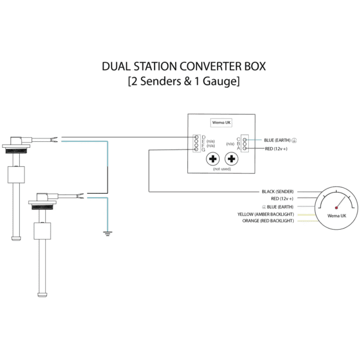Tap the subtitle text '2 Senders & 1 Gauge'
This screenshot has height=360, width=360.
(x=184, y=81)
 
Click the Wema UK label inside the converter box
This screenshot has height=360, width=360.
(x=222, y=123)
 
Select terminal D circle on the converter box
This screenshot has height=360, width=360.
(x=197, y=137)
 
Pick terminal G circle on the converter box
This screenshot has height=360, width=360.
(x=196, y=149)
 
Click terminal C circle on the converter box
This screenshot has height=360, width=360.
(x=245, y=140)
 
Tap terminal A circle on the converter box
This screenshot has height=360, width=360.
(x=245, y=148)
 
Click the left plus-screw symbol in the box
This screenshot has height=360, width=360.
(x=213, y=159)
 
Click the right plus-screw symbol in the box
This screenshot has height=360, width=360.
(x=231, y=159)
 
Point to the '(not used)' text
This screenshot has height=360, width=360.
(x=222, y=169)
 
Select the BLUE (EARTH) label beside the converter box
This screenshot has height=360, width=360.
(x=277, y=140)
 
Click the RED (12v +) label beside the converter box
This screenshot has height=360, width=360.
(x=276, y=149)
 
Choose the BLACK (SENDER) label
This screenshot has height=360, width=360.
(x=278, y=191)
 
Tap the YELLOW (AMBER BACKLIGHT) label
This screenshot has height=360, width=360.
(x=266, y=214)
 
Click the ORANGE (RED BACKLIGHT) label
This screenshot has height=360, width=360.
(x=268, y=220)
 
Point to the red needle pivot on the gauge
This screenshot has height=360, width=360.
(x=336, y=208)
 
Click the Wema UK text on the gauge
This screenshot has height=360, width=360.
(x=337, y=216)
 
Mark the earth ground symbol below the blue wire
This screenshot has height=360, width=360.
(x=108, y=234)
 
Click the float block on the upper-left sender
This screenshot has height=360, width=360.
(x=16, y=174)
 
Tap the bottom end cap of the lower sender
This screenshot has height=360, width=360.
(x=42, y=294)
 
